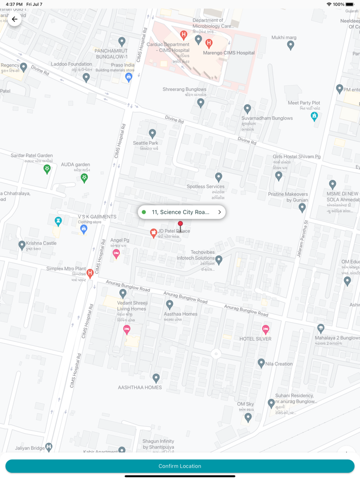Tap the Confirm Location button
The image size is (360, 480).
180,466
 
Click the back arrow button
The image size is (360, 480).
14,19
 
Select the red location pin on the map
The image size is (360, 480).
180,225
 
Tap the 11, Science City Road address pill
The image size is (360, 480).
182,212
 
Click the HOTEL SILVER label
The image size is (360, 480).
255,339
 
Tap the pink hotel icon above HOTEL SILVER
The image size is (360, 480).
266,329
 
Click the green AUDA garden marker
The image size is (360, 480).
84,177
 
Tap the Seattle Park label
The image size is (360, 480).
146,143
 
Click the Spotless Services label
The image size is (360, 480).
205,187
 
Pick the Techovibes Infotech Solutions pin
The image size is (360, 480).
219,260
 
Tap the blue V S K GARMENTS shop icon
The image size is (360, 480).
83,229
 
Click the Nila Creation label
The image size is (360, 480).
279,364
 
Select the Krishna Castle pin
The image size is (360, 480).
22,245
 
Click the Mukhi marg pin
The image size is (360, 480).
291,45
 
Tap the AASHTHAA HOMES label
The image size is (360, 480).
139,387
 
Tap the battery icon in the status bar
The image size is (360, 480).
350,4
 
